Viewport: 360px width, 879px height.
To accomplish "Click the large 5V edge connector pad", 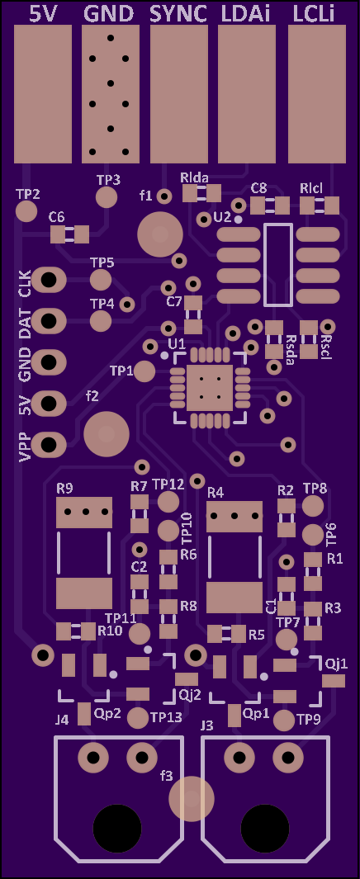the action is (x=43, y=93).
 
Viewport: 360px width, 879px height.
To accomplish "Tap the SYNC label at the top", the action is (x=179, y=13).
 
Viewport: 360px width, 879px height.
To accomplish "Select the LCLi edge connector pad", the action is (x=317, y=93).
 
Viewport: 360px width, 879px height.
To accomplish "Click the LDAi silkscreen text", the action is (x=245, y=13).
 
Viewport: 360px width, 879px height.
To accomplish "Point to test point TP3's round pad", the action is (x=107, y=197).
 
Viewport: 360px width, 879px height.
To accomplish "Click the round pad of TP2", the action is (x=26, y=211).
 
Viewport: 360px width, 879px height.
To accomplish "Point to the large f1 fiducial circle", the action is (x=160, y=234).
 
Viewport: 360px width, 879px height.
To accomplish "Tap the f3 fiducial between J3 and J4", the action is (x=192, y=798).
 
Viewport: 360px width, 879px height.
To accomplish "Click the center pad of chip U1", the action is (x=209, y=388).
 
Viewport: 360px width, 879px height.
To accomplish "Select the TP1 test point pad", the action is (x=145, y=371).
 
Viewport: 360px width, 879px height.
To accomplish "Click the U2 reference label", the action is (x=223, y=217).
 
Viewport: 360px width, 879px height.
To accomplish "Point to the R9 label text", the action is (x=64, y=489).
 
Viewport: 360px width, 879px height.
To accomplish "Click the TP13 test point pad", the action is (x=138, y=717).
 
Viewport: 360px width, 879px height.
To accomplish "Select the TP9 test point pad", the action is (x=284, y=720).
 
